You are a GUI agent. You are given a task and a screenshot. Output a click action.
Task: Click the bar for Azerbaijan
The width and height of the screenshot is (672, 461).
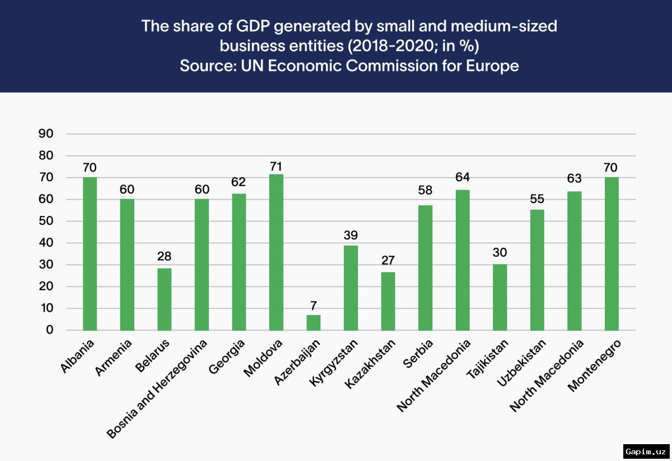click(314, 323)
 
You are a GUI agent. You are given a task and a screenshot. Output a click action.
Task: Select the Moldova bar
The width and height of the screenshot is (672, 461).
click(276, 252)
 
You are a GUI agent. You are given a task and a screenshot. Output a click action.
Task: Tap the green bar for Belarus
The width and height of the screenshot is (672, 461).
click(165, 299)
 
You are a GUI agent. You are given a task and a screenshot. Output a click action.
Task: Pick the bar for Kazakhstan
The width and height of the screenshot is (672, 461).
click(388, 301)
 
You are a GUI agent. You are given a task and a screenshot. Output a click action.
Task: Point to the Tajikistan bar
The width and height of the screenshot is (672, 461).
click(500, 297)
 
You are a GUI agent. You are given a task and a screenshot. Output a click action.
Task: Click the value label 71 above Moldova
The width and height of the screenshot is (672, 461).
click(276, 166)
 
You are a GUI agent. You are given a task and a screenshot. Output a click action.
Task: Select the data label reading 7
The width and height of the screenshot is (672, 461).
click(314, 306)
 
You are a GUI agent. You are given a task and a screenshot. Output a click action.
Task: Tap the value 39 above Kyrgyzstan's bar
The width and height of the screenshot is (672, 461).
click(351, 235)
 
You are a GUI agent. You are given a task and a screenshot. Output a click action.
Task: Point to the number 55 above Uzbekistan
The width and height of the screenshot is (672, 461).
click(537, 199)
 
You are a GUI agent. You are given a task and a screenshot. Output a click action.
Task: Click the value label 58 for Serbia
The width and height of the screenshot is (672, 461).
click(425, 190)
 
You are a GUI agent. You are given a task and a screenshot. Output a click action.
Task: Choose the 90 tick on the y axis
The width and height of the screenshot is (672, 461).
click(46, 133)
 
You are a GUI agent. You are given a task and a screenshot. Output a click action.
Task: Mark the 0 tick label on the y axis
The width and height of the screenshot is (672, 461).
click(49, 330)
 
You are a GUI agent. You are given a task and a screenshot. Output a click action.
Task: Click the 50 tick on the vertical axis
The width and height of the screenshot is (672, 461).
click(46, 221)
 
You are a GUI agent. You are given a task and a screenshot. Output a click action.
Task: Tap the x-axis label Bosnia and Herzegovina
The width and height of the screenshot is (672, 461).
click(157, 389)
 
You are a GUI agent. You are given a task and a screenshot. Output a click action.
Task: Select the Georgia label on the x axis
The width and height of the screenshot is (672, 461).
click(227, 357)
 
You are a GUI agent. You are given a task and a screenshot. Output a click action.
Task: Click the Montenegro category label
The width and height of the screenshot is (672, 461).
click(594, 366)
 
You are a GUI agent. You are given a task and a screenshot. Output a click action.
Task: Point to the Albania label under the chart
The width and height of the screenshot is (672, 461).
click(77, 356)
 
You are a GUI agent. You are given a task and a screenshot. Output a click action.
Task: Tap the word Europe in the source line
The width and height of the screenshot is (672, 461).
click(492, 66)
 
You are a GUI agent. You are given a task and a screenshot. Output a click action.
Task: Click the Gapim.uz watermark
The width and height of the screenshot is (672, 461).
click(646, 451)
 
